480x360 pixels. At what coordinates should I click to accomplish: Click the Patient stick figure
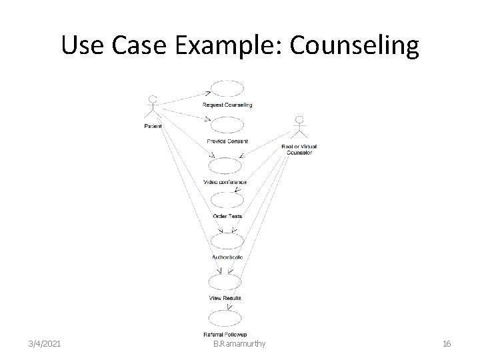(x=153, y=108)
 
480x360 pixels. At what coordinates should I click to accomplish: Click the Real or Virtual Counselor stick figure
(x=299, y=129)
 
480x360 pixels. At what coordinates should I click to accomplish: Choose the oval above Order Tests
(x=227, y=201)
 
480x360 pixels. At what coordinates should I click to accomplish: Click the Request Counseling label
(x=227, y=105)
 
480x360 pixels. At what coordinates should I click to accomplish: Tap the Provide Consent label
(x=227, y=141)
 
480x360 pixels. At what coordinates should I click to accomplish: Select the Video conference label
(x=225, y=182)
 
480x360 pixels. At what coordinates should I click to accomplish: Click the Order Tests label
(x=227, y=216)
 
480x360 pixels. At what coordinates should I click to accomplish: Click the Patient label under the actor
(x=153, y=125)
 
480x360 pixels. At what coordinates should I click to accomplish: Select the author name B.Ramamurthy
(x=239, y=343)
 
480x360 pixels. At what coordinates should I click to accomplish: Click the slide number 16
(x=447, y=343)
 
